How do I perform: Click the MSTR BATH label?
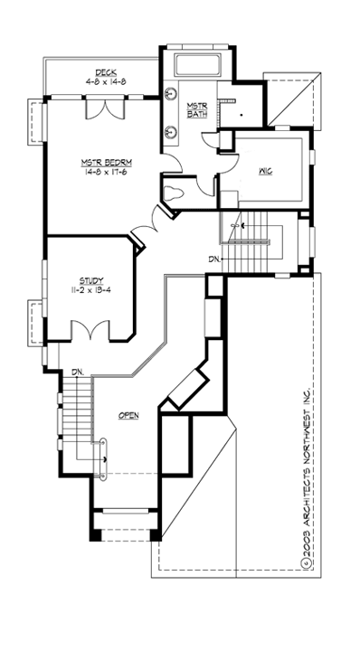[x=197, y=111]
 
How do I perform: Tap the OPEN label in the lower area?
[x=129, y=415]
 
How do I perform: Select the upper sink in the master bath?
[x=171, y=92]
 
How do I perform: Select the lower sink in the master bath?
[x=171, y=131]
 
